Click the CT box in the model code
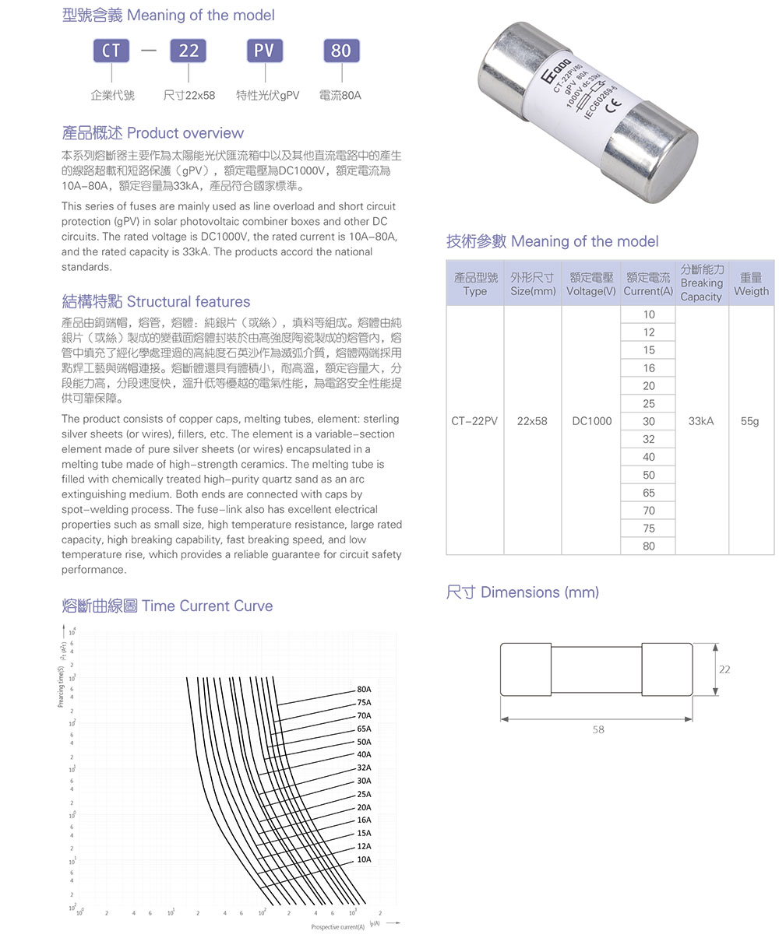pyautogui.click(x=111, y=51)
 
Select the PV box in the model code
pyautogui.click(x=264, y=51)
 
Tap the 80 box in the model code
pyautogui.click(x=340, y=51)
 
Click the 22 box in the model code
pyautogui.click(x=189, y=51)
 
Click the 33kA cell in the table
pyautogui.click(x=701, y=421)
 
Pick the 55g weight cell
pyautogui.click(x=749, y=421)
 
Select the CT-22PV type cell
pyautogui.click(x=474, y=421)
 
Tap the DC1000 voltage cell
pyautogui.click(x=591, y=421)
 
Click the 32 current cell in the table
pyautogui.click(x=648, y=439)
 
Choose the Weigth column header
pyautogui.click(x=751, y=283)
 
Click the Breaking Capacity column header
pyautogui.click(x=701, y=283)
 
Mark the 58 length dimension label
pyautogui.click(x=597, y=730)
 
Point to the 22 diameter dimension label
pyautogui.click(x=724, y=669)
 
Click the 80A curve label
pyautogui.click(x=364, y=689)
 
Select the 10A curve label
pyautogui.click(x=364, y=859)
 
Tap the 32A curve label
pyautogui.click(x=364, y=767)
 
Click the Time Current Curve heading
pyautogui.click(x=167, y=606)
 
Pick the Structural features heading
pyautogui.click(x=156, y=302)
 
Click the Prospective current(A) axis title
pyautogui.click(x=337, y=927)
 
